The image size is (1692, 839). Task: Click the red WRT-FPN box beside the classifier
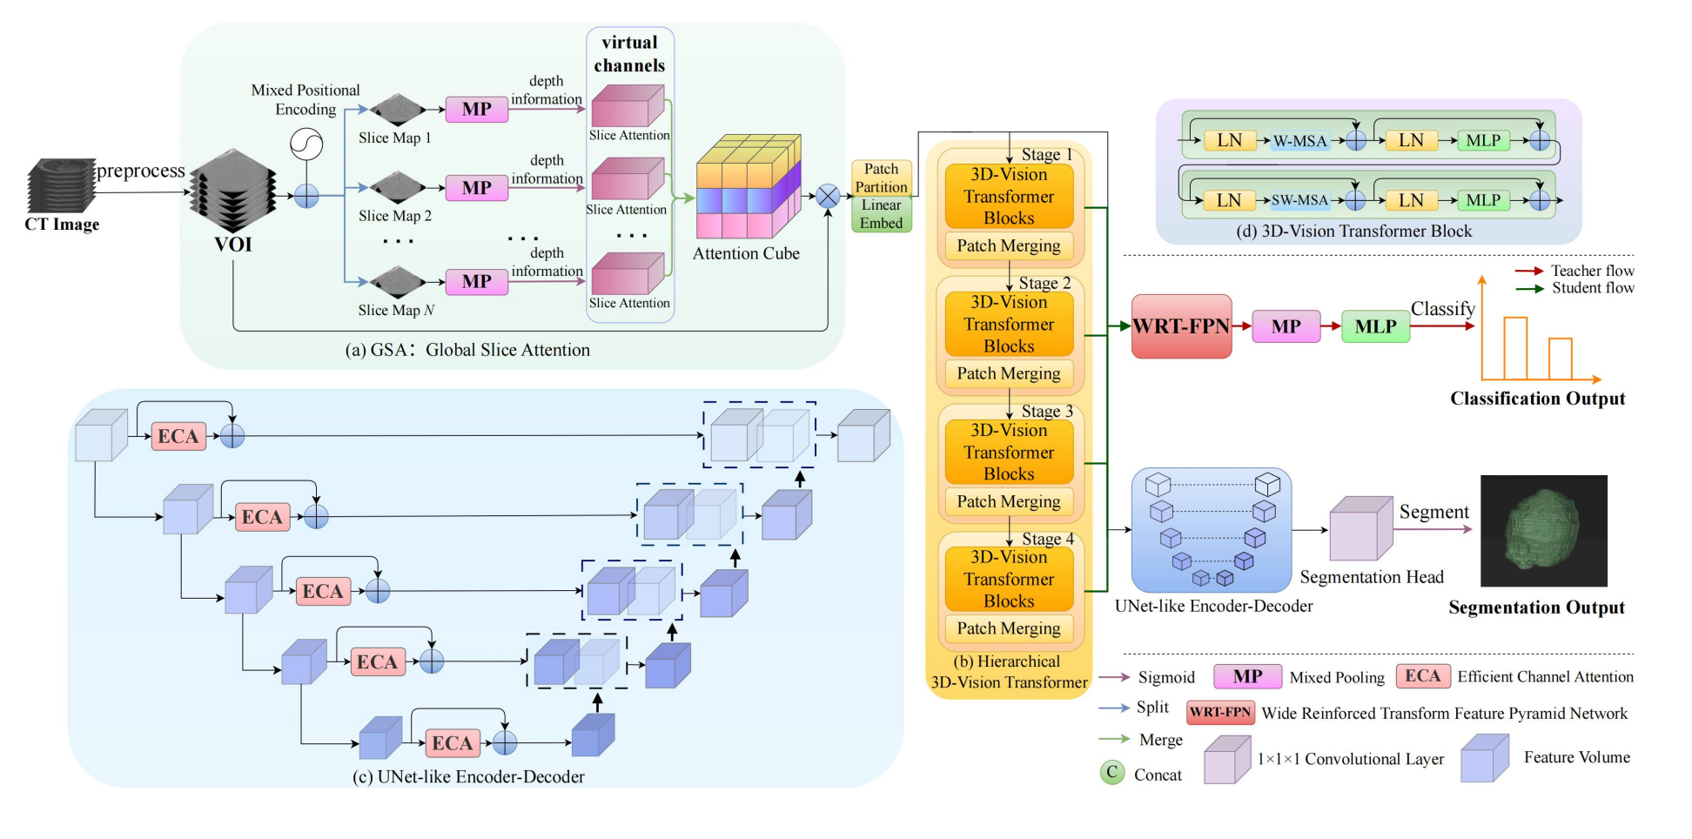click(x=1181, y=326)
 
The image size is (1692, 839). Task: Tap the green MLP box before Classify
click(x=1375, y=326)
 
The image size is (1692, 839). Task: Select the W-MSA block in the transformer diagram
click(x=1299, y=141)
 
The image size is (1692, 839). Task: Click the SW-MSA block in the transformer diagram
click(x=1299, y=200)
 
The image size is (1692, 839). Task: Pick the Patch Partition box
click(x=881, y=178)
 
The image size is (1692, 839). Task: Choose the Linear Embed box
click(x=881, y=214)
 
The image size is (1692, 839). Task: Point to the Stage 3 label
click(x=1047, y=411)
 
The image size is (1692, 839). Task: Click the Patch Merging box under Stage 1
click(x=1009, y=246)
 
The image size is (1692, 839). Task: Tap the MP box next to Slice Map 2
click(x=476, y=188)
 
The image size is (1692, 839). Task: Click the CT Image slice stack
click(x=61, y=185)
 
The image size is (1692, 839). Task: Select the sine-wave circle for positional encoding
click(x=306, y=144)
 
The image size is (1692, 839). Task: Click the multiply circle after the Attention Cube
click(x=828, y=197)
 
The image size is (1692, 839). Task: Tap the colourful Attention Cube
click(x=748, y=187)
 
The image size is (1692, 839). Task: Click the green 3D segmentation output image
click(x=1543, y=530)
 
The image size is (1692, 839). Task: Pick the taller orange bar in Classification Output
click(x=1515, y=348)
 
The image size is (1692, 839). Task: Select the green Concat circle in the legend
click(x=1111, y=773)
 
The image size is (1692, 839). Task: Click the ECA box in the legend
click(x=1422, y=676)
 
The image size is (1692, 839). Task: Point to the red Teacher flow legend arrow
click(x=1529, y=272)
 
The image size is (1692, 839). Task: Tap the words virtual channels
click(x=629, y=54)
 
